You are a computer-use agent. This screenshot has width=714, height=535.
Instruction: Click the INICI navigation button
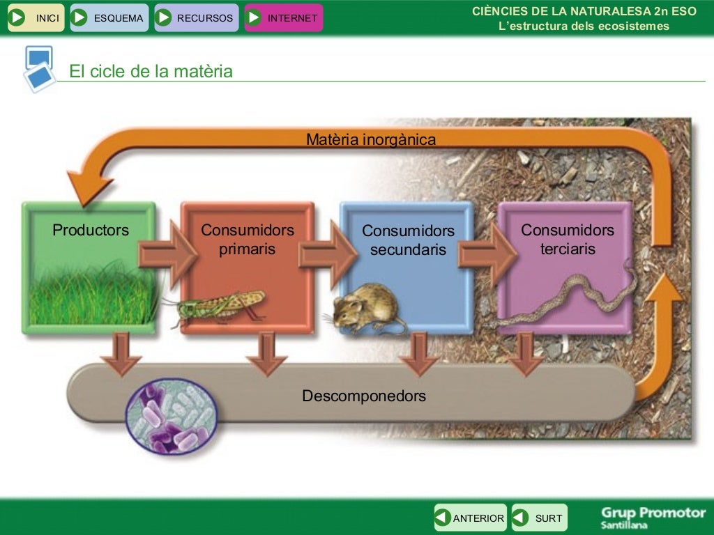coord(36,18)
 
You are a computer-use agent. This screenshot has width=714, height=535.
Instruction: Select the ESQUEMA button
coord(109,18)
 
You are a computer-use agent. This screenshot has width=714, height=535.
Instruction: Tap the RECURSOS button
coord(196,18)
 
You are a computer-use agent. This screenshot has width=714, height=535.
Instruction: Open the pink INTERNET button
coord(284,18)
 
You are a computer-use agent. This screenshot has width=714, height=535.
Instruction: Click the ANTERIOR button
coord(470,518)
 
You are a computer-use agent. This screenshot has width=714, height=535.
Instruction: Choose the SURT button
coord(540,518)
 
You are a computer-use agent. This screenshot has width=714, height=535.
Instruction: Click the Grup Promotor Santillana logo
coord(653,517)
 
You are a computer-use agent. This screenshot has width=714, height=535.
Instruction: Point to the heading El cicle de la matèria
coord(151,72)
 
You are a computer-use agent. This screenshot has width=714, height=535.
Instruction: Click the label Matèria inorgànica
coord(371,139)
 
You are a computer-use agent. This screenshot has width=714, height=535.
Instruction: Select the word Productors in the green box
coord(91,230)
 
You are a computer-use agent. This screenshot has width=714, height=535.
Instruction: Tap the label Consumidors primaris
coord(248,239)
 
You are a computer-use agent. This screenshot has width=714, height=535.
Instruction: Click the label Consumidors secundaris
coord(408,240)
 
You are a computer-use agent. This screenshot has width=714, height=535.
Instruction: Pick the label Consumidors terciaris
coord(568,239)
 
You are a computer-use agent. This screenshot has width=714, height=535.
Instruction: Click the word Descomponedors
coord(363,396)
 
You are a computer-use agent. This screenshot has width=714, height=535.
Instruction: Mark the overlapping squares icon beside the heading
coord(39,68)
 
